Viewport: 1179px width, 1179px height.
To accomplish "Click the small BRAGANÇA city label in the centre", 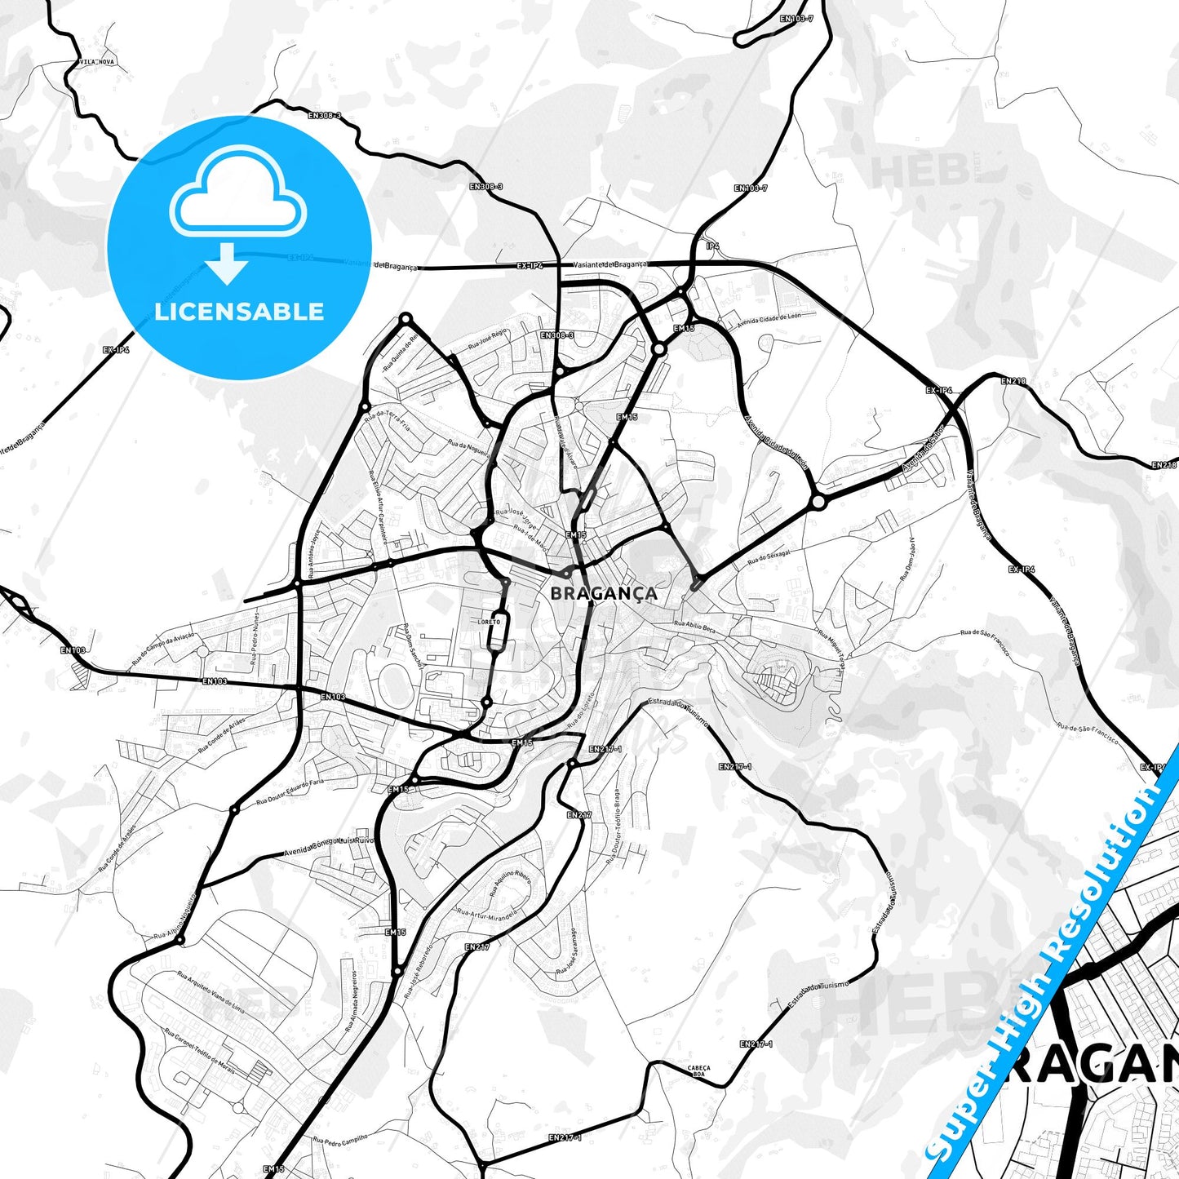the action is pyautogui.click(x=603, y=593).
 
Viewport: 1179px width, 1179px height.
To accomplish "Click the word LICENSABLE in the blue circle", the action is pyautogui.click(x=239, y=312).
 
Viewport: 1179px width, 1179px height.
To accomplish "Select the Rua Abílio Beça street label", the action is pyautogui.click(x=694, y=623).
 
